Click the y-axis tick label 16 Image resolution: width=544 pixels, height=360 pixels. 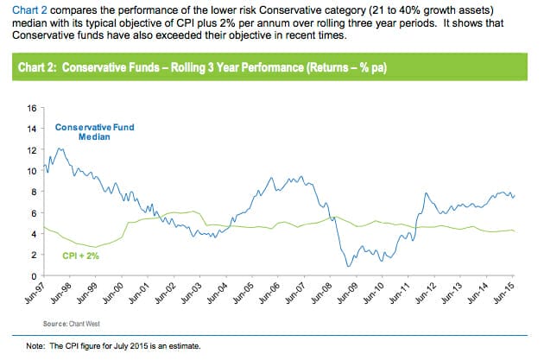(x=32, y=108)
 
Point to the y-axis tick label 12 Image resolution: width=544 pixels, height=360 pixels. (x=32, y=149)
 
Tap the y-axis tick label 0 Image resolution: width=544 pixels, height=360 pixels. (x=35, y=275)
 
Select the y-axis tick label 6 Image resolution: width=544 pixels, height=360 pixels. (x=35, y=213)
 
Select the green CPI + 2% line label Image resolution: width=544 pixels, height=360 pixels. (x=81, y=256)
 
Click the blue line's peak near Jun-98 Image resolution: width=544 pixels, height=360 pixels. (x=60, y=148)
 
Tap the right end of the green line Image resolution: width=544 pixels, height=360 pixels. (x=517, y=231)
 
